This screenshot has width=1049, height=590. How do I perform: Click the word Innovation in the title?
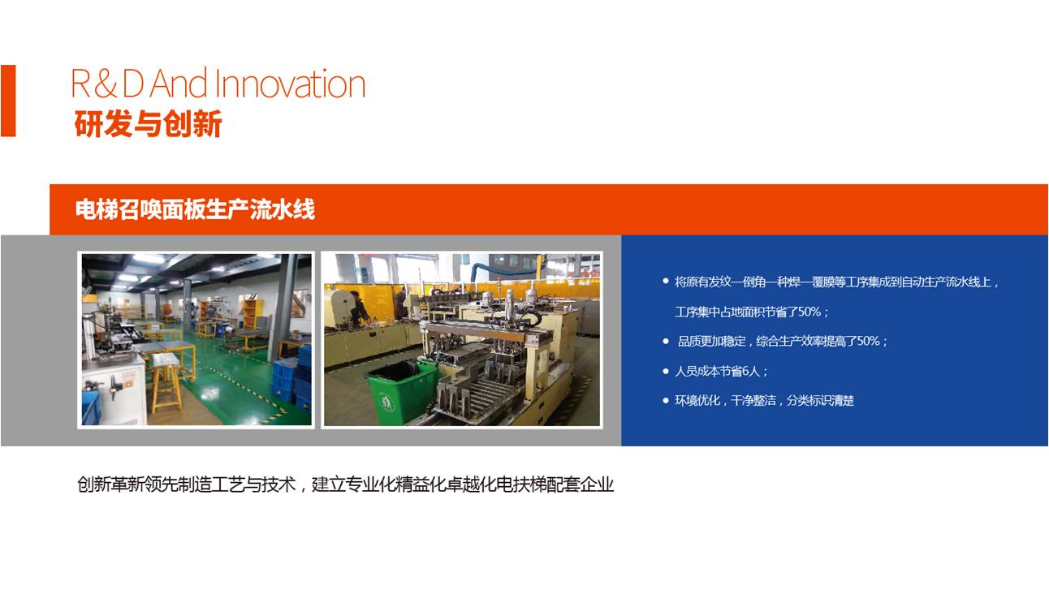[x=291, y=84]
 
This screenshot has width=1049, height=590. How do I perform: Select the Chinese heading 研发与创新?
[x=148, y=124]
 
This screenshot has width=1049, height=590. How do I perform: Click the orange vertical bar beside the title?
[x=8, y=101]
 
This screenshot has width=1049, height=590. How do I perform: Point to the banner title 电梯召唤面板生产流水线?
[x=195, y=209]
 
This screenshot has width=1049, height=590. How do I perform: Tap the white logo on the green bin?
[x=386, y=403]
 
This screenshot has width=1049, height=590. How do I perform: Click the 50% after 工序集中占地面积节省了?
[x=809, y=312]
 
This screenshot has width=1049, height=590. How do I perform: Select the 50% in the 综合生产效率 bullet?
[x=868, y=341]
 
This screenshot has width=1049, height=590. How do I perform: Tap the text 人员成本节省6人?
[x=717, y=372]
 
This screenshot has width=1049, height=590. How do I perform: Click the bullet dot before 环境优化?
[x=666, y=400]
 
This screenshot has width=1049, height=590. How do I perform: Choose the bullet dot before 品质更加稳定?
[x=666, y=342]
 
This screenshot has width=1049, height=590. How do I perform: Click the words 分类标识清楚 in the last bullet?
[x=821, y=400]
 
